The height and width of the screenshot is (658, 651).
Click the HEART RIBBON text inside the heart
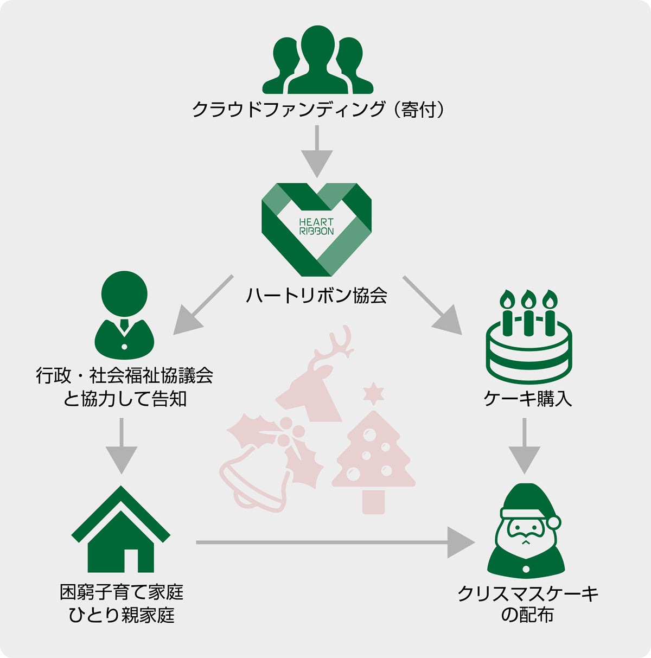tap(316, 226)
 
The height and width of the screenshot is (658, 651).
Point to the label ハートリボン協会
tap(316, 296)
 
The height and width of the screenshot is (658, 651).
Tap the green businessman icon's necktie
tap(124, 326)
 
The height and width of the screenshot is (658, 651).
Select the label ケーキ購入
tap(527, 399)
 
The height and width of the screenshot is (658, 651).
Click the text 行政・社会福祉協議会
tap(124, 375)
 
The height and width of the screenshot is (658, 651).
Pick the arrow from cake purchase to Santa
tap(524, 445)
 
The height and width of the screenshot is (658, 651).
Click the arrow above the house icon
tap(121, 445)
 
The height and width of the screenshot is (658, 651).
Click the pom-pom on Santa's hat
tap(554, 522)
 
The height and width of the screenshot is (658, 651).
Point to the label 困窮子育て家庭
tap(122, 592)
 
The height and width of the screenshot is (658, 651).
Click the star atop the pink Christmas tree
tap(373, 393)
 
